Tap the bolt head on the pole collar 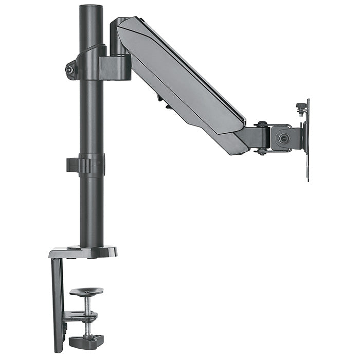coord(69,69)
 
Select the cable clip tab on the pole coord(73,165)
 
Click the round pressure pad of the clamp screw coord(86,291)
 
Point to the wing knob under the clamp coord(86,340)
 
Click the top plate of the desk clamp coord(82,252)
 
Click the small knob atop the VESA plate coord(301,106)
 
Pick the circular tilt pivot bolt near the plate coord(281,138)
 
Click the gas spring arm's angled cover coord(180,77)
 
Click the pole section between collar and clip coord(92,118)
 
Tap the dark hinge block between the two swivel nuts coord(260,137)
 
